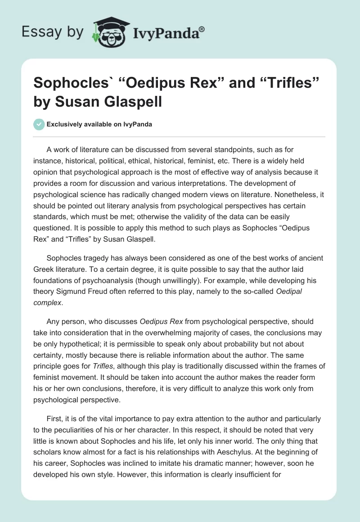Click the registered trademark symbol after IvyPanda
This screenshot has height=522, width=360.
click(x=202, y=29)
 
